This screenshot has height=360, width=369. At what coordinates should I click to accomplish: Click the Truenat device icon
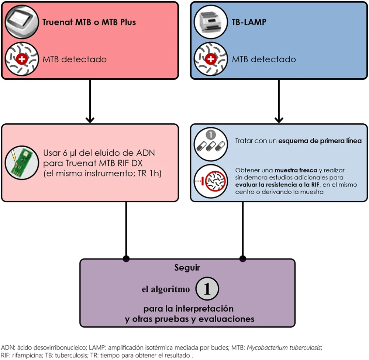[x=22, y=22]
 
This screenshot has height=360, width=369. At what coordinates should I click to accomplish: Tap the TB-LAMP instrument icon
[x=211, y=22]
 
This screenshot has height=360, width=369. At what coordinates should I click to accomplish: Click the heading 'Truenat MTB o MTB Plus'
[x=89, y=22]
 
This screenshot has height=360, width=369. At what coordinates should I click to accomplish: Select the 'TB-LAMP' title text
[x=249, y=22]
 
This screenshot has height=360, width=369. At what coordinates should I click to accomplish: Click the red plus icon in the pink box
[x=22, y=59]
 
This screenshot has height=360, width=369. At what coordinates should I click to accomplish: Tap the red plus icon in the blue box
[x=211, y=59]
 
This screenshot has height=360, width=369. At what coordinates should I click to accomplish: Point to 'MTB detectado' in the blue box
[x=264, y=59]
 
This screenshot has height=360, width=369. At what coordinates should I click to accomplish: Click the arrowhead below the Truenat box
[x=90, y=120]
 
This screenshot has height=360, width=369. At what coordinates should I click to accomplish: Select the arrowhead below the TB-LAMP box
[x=279, y=120]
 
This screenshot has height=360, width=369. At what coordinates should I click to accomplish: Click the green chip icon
[x=22, y=163]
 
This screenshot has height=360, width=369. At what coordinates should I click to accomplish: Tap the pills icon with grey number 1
[x=211, y=144]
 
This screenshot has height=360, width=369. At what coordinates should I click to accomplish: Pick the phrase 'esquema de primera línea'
[x=320, y=141]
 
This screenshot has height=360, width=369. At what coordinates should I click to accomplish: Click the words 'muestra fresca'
[x=296, y=170]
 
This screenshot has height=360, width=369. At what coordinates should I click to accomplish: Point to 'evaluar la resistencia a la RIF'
[x=277, y=185]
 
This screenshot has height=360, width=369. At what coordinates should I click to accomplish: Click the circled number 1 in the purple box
[x=207, y=289]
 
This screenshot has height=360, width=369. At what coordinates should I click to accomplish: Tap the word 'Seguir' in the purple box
[x=187, y=268]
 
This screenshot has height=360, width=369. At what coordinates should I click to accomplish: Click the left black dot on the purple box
[x=126, y=258]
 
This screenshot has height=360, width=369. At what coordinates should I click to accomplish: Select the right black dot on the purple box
[x=243, y=258]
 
